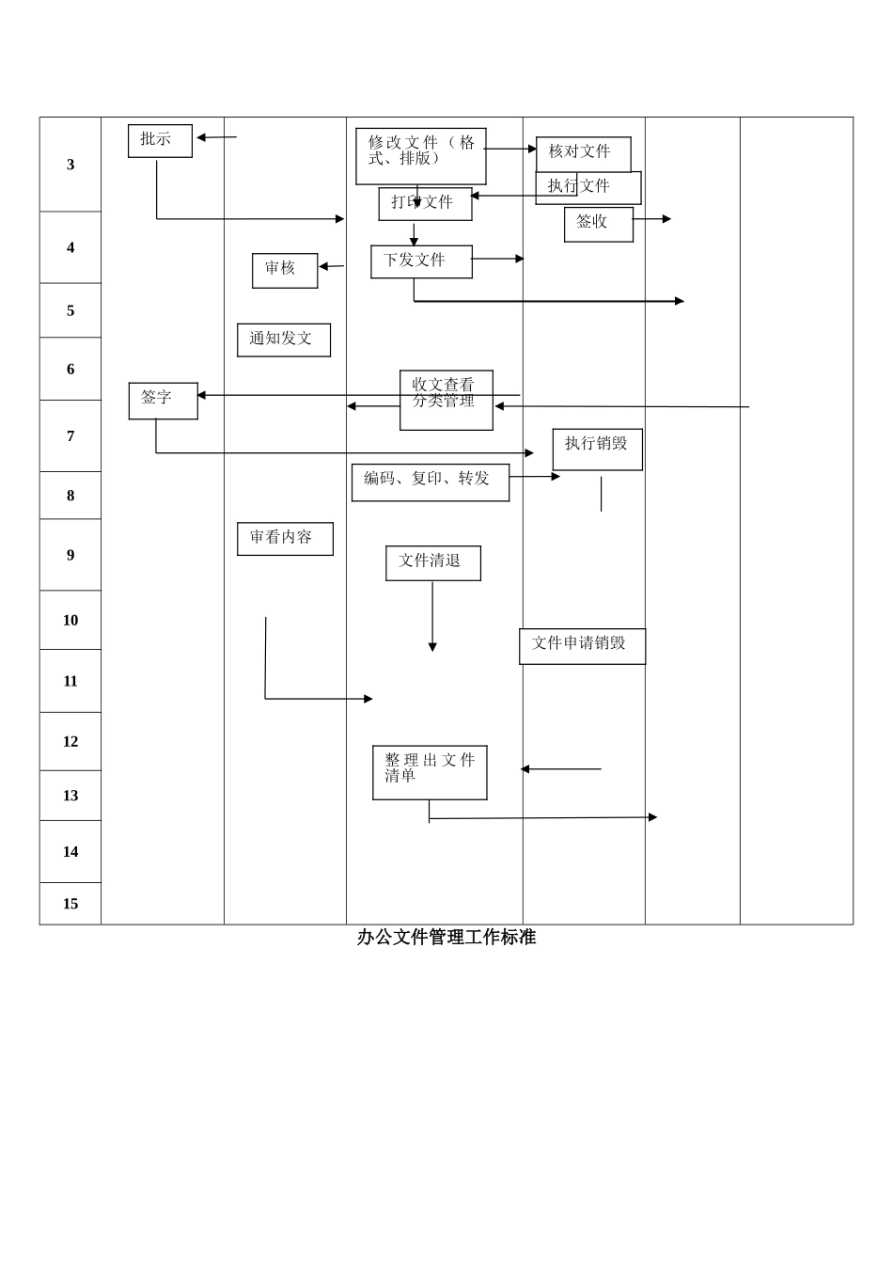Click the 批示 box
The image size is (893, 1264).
(160, 141)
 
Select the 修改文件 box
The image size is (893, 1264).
(420, 156)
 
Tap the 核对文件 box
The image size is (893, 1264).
(583, 153)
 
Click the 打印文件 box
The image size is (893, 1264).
(425, 204)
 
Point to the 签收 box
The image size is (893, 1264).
(598, 225)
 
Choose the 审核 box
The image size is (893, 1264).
(285, 271)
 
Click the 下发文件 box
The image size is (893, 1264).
(421, 261)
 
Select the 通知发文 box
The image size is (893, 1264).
(283, 340)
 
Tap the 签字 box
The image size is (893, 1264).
(163, 401)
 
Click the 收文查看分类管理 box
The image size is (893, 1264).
(446, 401)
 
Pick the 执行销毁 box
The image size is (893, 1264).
(597, 450)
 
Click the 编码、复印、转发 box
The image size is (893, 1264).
(430, 482)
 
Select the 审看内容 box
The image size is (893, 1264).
(285, 539)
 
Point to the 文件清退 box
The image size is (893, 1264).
(432, 563)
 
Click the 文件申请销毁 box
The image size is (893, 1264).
(582, 646)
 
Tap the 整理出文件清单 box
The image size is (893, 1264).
(430, 773)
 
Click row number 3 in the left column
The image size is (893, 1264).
(70, 165)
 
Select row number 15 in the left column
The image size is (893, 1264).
(70, 904)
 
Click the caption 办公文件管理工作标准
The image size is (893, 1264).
(446, 937)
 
